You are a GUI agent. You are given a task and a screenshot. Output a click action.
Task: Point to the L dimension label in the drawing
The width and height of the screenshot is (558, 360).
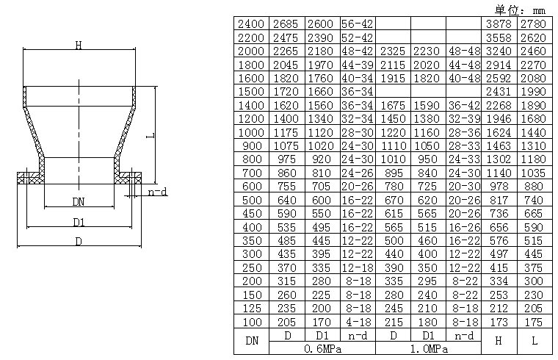click(x=149, y=136)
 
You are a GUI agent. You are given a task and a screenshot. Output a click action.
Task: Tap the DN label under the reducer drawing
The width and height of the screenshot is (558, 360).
click(x=78, y=201)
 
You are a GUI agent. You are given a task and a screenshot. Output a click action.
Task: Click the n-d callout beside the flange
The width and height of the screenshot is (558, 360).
click(x=157, y=192)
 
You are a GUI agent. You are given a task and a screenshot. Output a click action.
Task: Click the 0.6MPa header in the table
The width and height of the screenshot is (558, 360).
click(x=322, y=349)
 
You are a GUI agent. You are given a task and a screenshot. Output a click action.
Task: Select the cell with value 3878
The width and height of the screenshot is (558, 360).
click(x=499, y=24)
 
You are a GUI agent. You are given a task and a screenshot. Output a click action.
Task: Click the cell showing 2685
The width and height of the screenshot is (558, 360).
click(x=286, y=24)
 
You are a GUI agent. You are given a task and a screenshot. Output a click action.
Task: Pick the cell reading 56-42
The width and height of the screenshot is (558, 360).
click(x=358, y=24)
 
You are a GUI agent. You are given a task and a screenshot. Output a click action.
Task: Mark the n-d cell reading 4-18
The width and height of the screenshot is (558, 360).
click(x=358, y=321)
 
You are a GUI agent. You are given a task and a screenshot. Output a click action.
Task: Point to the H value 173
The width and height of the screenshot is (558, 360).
click(x=499, y=321)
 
